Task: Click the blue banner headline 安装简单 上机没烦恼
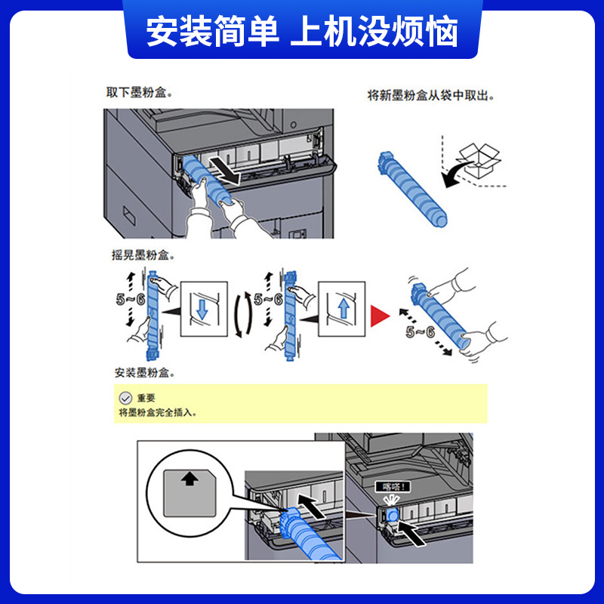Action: tap(302, 32)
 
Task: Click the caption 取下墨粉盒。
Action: tap(139, 92)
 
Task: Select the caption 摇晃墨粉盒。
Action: tap(143, 255)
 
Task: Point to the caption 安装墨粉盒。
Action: tap(148, 373)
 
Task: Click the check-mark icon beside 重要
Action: tap(125, 397)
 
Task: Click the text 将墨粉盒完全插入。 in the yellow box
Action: tap(162, 413)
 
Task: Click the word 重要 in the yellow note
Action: tap(146, 398)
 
